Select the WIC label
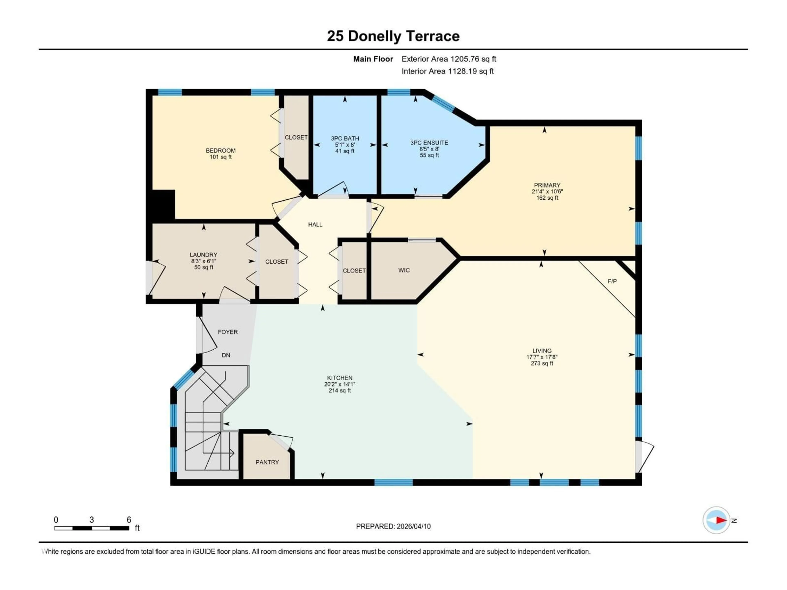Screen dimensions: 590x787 404,270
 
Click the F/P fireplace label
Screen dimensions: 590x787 612,281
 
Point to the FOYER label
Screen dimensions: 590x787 228,332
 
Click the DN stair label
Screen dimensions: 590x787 226,355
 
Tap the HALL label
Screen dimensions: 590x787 315,224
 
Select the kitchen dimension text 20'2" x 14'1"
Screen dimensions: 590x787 340,384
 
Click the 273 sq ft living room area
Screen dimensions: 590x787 542,363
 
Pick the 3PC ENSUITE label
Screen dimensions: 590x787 429,143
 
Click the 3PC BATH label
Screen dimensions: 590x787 345,138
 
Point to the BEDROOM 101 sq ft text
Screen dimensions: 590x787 221,157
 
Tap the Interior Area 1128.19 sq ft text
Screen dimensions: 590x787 448,71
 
